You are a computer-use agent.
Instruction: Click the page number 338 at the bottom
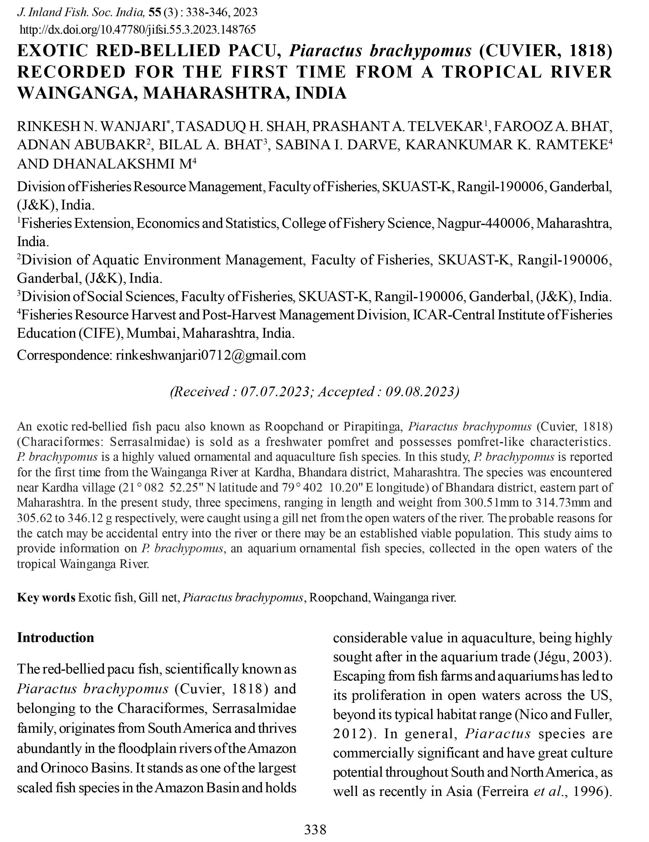[315, 829]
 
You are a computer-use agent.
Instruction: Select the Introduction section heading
[56, 638]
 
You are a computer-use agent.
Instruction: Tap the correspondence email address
[211, 355]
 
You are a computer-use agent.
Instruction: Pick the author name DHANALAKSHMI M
[104, 164]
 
